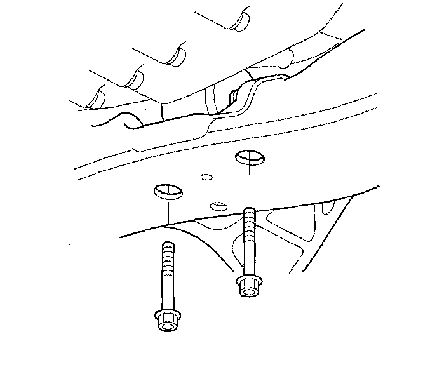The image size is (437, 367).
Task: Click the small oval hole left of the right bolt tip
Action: point(218,206)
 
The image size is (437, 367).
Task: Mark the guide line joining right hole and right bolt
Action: point(248,184)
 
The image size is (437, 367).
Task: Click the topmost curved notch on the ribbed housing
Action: point(240,20)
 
